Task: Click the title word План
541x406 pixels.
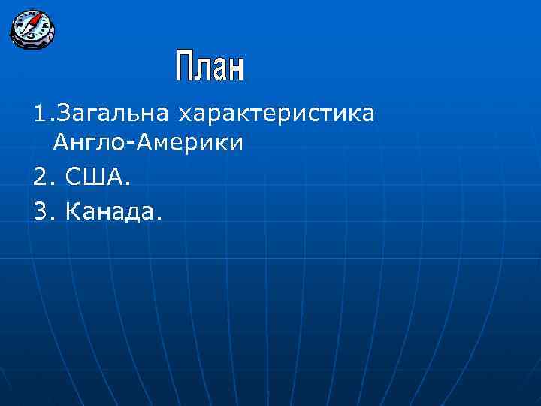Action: [x=210, y=67]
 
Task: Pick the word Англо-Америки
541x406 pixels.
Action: [x=149, y=144]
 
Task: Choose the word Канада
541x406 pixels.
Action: [x=110, y=213]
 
